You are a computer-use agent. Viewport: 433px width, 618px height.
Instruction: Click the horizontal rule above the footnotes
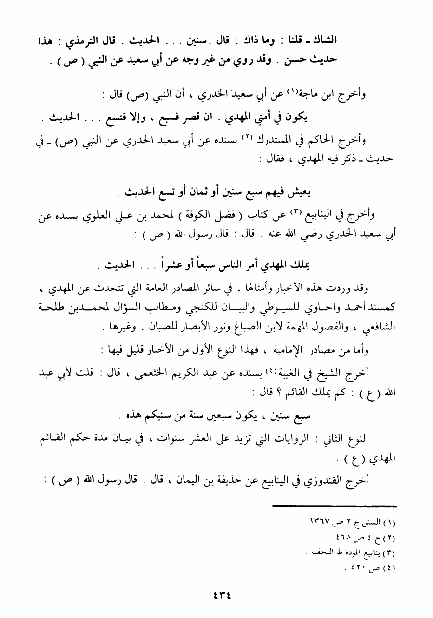click(334, 506)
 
